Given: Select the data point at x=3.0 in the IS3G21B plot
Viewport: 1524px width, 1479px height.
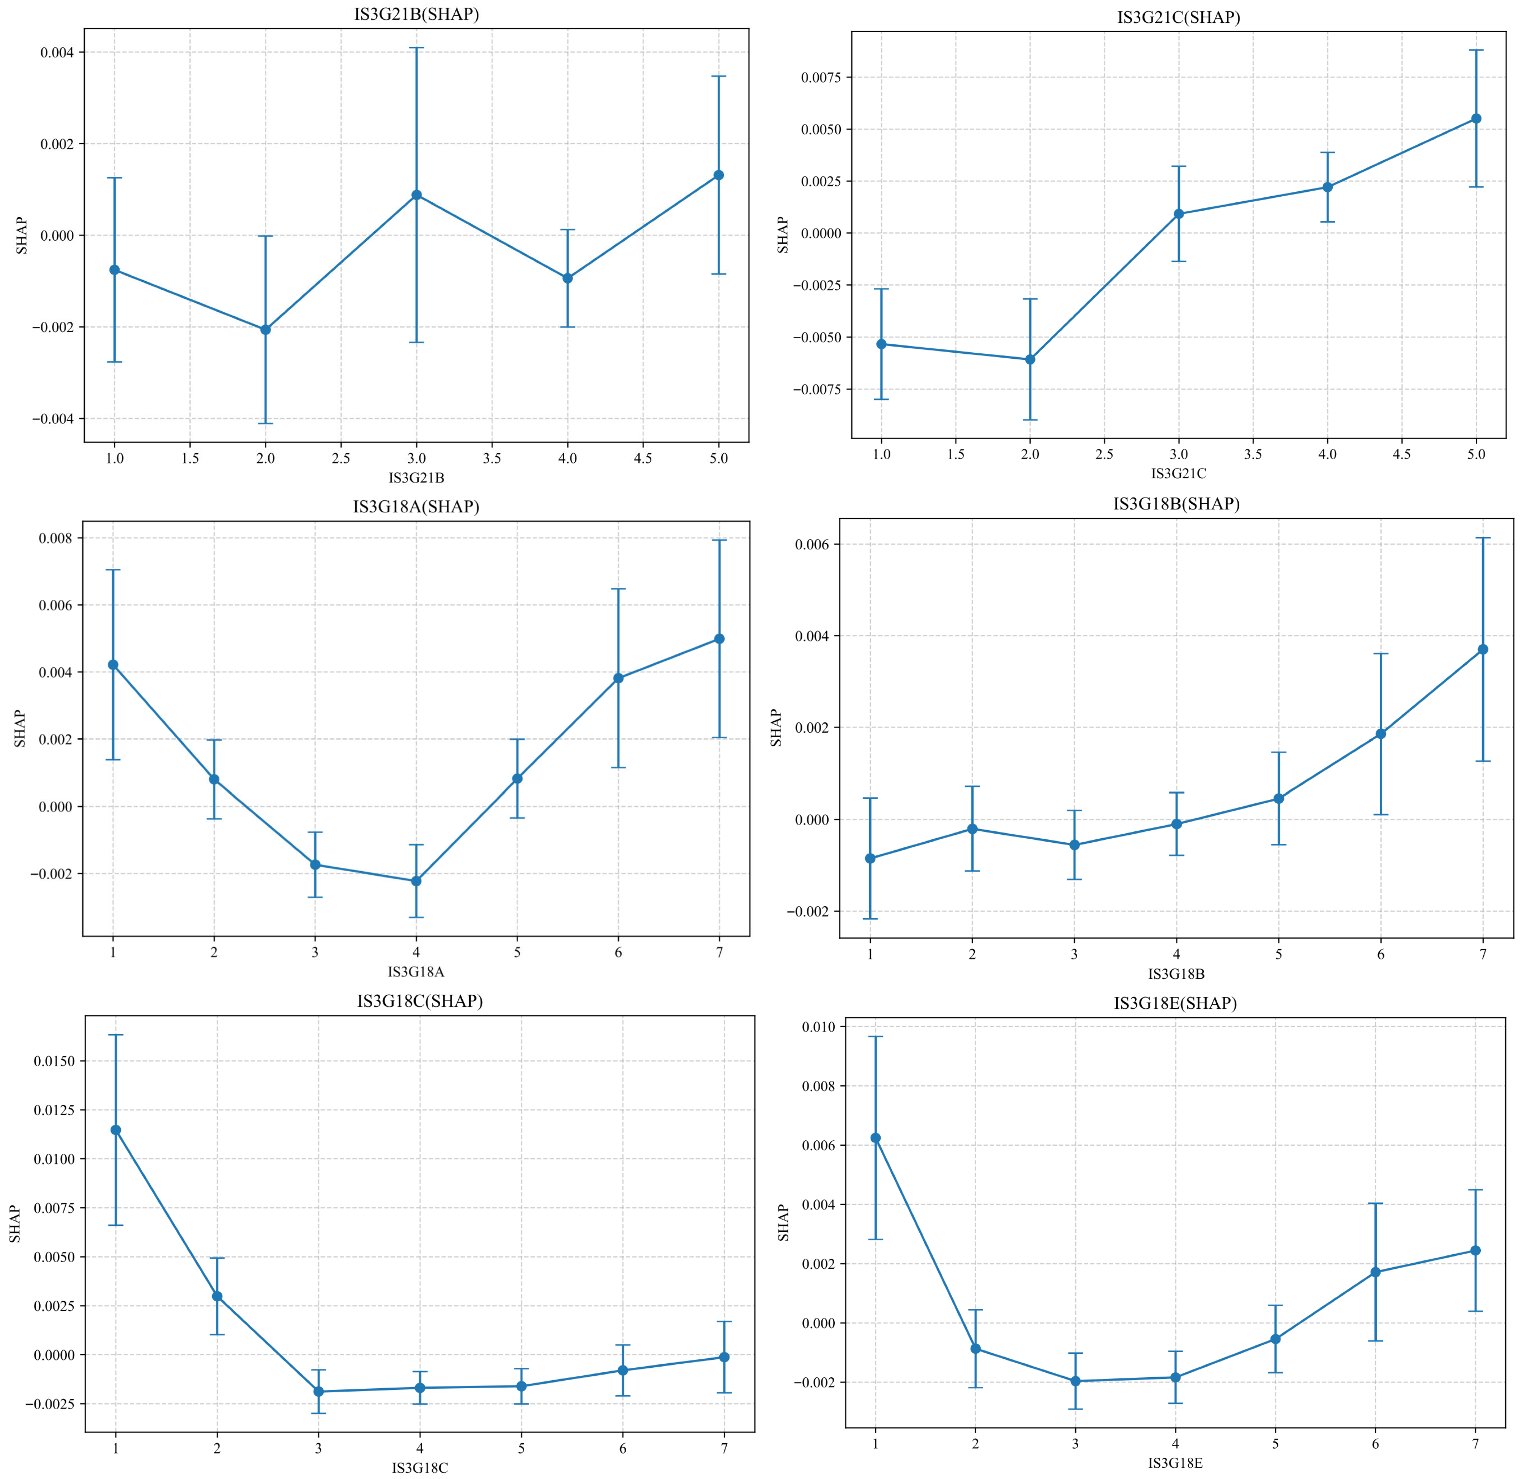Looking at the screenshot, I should [417, 195].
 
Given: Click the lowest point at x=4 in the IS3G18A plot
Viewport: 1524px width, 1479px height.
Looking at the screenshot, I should [416, 881].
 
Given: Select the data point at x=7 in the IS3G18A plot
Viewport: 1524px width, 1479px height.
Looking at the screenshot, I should [719, 639].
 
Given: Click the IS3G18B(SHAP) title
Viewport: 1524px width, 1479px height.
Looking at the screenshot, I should [1176, 504].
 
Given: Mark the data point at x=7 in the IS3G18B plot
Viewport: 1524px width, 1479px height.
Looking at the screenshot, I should [1483, 649].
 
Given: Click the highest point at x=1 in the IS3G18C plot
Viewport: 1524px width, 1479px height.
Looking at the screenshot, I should [116, 1130].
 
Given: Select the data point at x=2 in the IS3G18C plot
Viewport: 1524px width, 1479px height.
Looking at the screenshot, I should [217, 1296].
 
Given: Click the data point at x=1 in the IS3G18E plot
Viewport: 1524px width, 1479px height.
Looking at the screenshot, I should [876, 1138].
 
